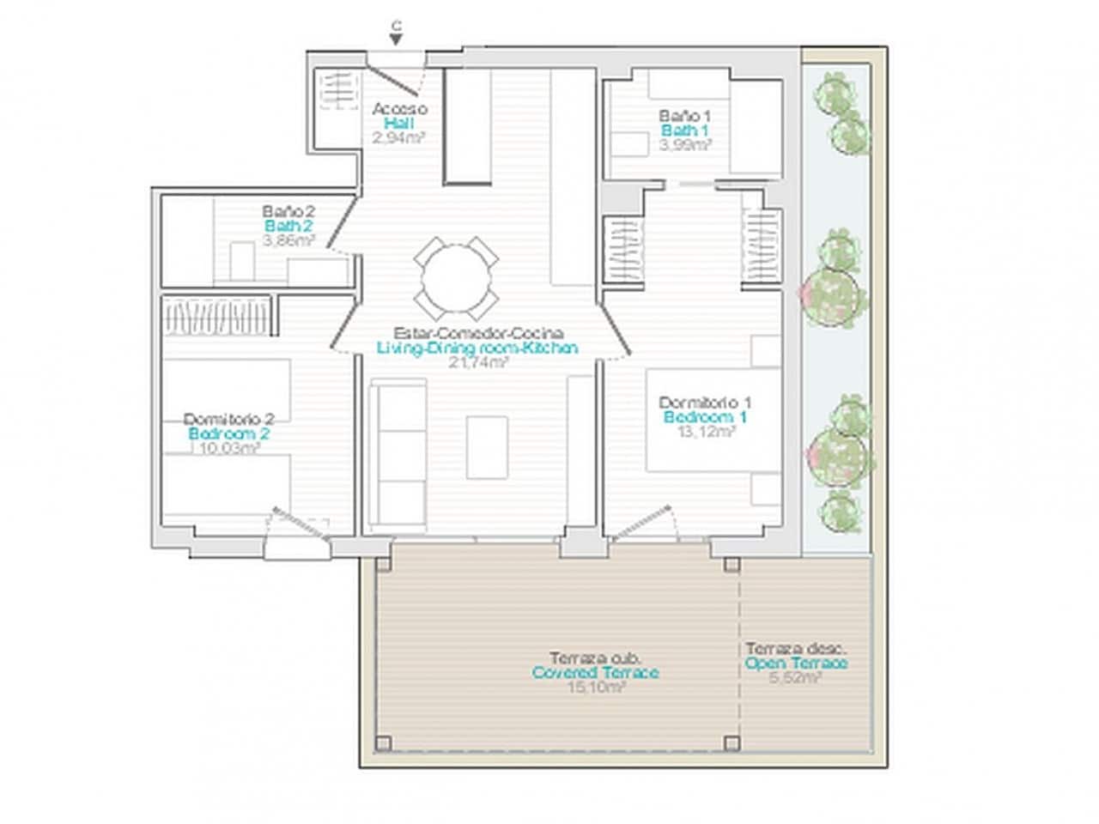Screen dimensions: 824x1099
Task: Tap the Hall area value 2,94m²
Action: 399,138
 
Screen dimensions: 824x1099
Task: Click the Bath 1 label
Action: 684,130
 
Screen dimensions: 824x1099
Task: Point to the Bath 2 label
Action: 288,226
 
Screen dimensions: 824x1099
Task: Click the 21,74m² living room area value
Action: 477,362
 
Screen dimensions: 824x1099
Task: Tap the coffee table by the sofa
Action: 488,446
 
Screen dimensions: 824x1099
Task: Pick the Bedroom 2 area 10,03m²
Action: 228,447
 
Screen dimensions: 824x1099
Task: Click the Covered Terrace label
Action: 595,673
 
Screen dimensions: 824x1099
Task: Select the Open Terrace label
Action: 796,663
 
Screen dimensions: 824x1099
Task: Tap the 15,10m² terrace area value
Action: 595,688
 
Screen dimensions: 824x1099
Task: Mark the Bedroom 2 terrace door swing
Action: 297,525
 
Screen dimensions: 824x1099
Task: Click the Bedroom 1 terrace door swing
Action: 643,521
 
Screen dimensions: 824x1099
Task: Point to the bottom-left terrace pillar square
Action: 383,742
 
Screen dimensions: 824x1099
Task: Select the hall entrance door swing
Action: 397,76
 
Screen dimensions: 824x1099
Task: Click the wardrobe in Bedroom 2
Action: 217,314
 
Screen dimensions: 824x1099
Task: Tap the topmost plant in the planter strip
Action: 834,91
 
